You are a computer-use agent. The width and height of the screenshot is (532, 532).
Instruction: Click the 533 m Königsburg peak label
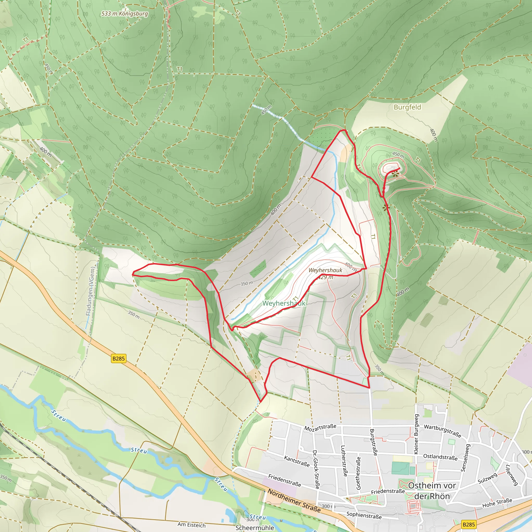124,14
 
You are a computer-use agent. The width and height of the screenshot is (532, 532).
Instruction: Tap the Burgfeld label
407,107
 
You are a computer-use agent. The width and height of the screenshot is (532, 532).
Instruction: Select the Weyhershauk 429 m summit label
325,274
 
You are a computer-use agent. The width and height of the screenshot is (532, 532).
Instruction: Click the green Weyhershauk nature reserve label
284,303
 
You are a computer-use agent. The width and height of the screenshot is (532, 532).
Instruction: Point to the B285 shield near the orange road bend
119,358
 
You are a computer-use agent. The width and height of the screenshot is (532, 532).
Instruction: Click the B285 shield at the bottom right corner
469,524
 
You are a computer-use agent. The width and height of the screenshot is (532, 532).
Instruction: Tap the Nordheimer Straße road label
294,500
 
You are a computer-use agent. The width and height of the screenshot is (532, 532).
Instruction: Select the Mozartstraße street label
320,427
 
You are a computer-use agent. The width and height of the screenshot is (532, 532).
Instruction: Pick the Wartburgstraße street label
442,431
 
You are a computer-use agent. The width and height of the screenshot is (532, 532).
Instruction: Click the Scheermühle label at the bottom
255,528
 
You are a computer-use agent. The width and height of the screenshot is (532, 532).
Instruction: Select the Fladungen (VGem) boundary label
90,291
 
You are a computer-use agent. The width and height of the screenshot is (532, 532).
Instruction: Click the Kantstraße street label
297,461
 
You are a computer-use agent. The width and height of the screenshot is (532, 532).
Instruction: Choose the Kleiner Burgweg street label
416,434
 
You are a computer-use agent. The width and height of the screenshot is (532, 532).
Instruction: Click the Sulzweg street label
487,478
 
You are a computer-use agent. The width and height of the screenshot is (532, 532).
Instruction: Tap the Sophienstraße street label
364,515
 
